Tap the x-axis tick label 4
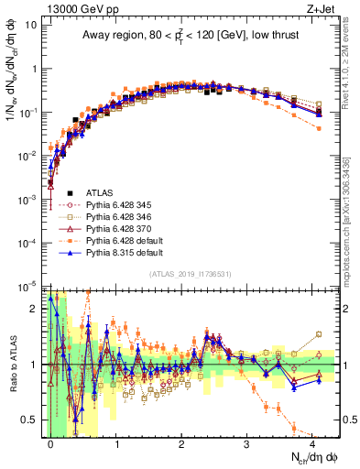pyautogui.click(x=312, y=442)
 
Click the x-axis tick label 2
pyautogui.click(x=181, y=442)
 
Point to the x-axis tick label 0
pyautogui.click(x=50, y=442)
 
